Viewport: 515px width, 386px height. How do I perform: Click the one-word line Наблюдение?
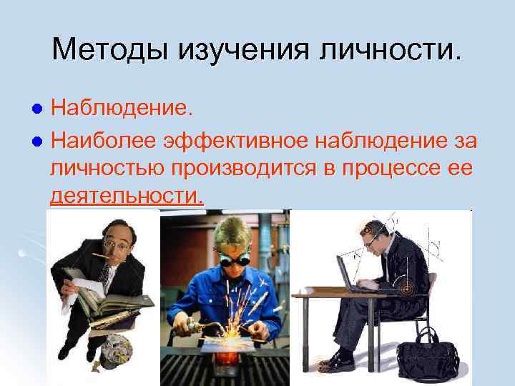coord(122,108)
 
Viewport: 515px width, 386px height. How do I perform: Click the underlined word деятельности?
coord(127,195)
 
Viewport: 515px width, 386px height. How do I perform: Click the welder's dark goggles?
coord(233,261)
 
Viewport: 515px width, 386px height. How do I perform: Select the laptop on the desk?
coord(350,275)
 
